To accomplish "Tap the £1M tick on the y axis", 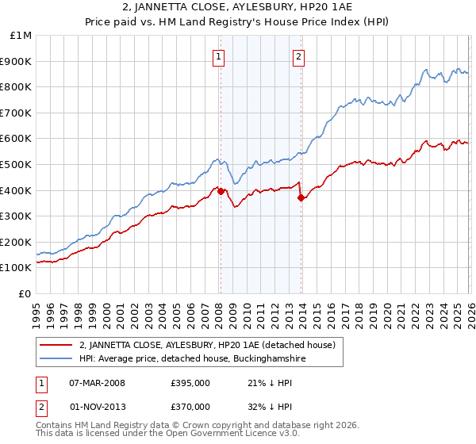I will click(x=21, y=36).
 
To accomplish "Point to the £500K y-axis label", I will click(x=16, y=164).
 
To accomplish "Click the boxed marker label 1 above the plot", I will click(x=217, y=56).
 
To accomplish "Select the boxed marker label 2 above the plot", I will click(x=298, y=56).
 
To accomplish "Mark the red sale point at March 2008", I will click(x=221, y=191).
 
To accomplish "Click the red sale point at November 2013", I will click(x=301, y=198).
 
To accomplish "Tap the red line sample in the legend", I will click(x=57, y=345).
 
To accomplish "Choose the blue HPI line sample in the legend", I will click(x=57, y=358).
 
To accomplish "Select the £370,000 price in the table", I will click(x=191, y=406).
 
